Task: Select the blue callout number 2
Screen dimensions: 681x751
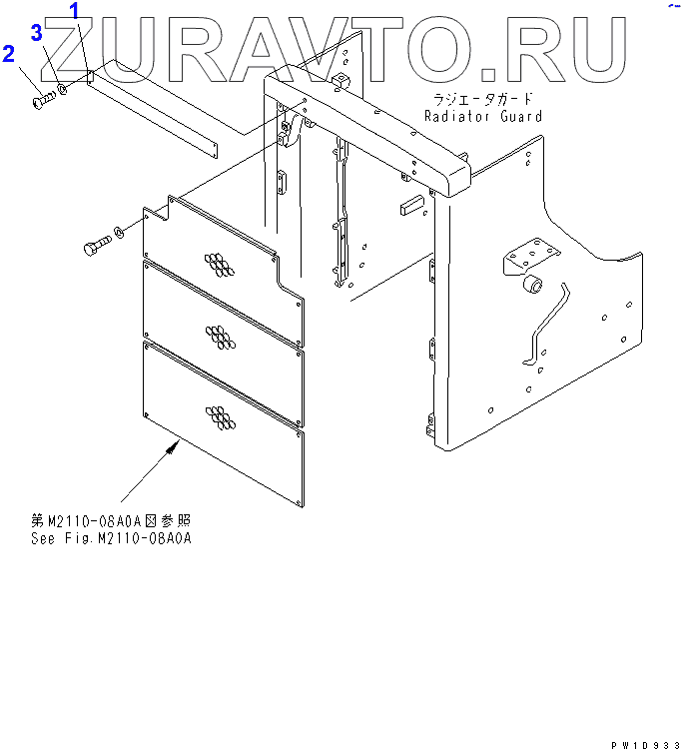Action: click(x=9, y=53)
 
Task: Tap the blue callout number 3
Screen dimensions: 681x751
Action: click(x=36, y=33)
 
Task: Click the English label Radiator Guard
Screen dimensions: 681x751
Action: click(x=483, y=116)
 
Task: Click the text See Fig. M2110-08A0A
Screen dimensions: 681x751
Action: click(x=110, y=538)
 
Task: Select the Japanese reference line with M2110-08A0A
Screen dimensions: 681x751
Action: click(x=110, y=521)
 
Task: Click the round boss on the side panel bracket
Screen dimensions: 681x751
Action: click(x=533, y=287)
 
